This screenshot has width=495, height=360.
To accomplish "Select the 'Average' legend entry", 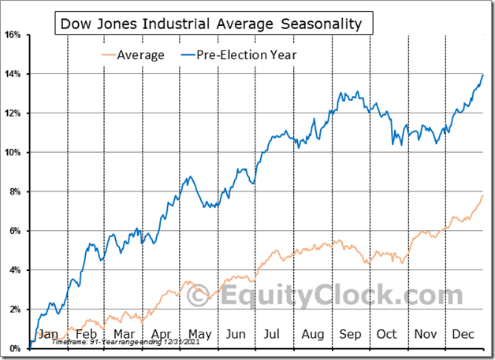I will (140, 54).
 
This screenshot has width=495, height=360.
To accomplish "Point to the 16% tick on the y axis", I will (13, 35).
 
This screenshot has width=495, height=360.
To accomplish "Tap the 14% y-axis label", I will (13, 74).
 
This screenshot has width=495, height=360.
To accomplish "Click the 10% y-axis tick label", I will (13, 152).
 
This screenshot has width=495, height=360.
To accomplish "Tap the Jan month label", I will (48, 333).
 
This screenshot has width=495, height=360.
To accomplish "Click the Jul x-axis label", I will (273, 333).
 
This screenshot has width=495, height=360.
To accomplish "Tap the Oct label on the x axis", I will (387, 333).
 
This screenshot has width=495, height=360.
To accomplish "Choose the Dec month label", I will (463, 333).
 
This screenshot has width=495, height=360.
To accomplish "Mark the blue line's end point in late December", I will (482, 74).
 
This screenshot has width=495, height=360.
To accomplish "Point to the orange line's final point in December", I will (482, 195).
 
